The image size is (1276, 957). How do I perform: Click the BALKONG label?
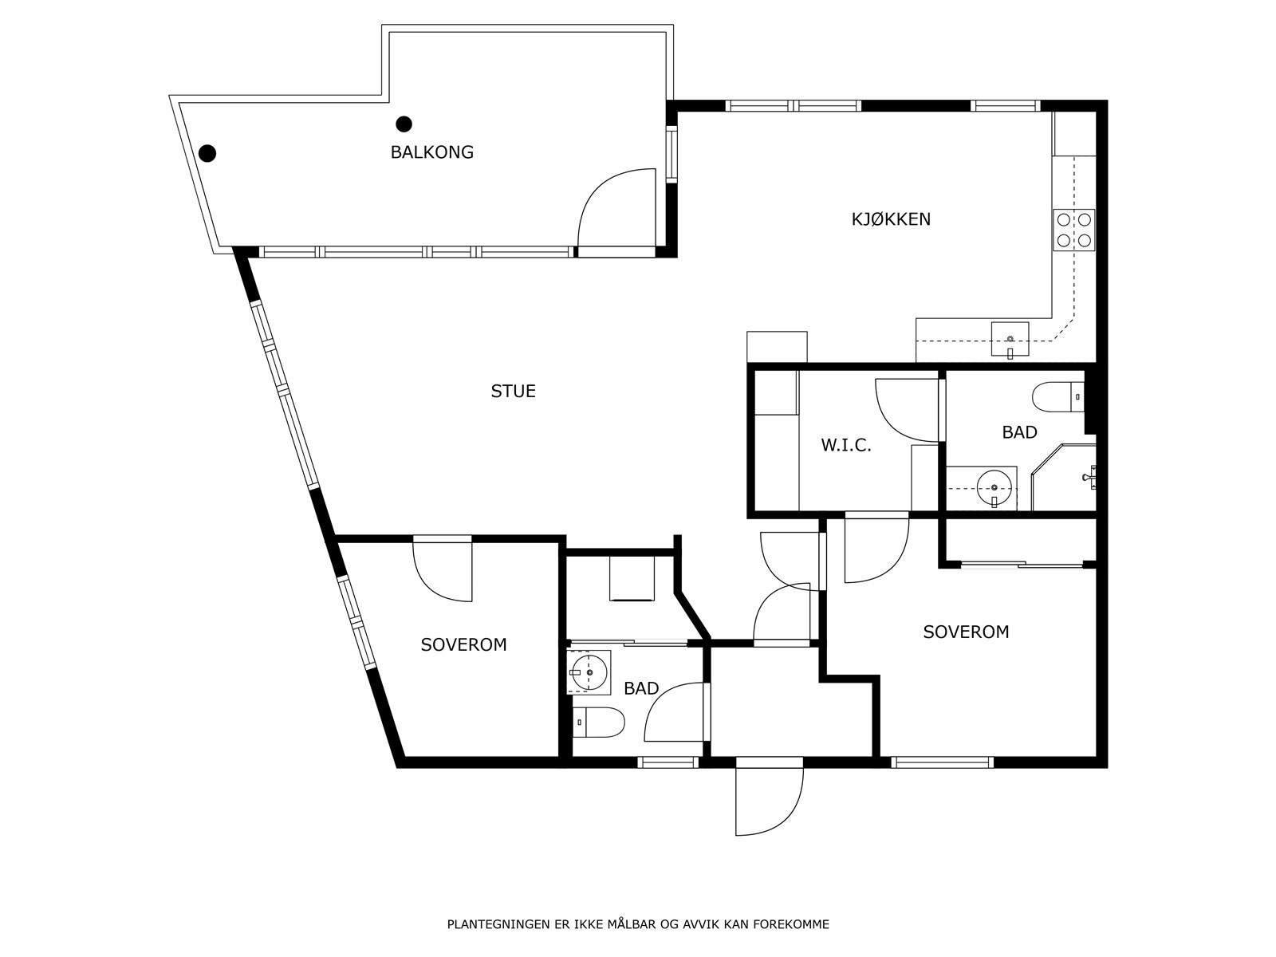(x=432, y=152)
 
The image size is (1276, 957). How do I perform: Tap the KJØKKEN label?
(x=891, y=219)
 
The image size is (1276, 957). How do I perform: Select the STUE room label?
(x=514, y=391)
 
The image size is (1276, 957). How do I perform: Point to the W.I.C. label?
(x=846, y=445)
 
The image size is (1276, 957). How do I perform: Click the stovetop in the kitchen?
(x=1073, y=230)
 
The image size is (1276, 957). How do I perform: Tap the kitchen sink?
(x=1010, y=339)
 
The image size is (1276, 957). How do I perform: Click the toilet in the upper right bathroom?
(x=1058, y=397)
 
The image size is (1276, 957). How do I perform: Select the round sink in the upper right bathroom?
(x=994, y=488)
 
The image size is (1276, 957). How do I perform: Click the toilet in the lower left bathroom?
(x=598, y=723)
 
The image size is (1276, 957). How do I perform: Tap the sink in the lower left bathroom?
(x=589, y=672)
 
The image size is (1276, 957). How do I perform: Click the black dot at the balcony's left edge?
(x=207, y=153)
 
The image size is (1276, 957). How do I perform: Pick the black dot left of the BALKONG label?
(x=404, y=124)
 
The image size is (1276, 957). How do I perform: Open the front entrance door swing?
(x=769, y=801)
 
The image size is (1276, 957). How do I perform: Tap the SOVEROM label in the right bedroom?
(x=966, y=632)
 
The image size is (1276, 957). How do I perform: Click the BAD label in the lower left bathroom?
(x=641, y=688)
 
